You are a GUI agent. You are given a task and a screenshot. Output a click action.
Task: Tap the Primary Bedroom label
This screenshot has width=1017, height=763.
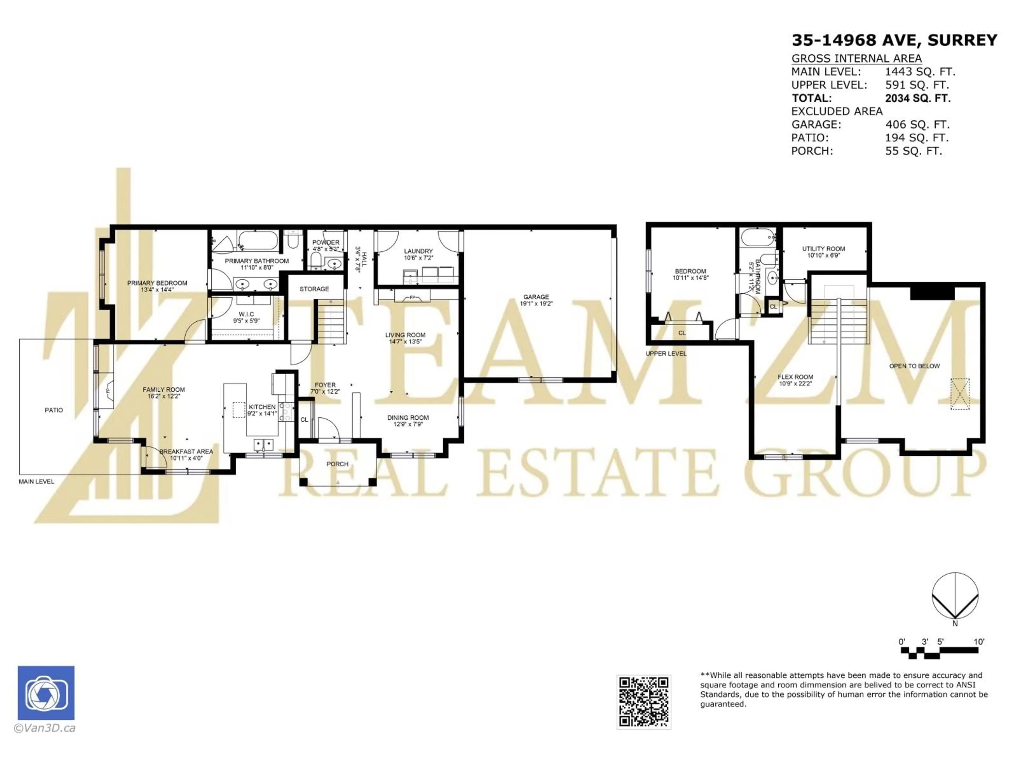tap(157, 283)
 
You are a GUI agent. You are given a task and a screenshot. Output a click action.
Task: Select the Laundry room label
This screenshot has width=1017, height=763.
tap(418, 251)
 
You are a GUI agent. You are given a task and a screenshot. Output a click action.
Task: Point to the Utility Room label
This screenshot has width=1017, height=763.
tap(823, 249)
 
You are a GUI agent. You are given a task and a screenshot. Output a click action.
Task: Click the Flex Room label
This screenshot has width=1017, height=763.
tap(795, 377)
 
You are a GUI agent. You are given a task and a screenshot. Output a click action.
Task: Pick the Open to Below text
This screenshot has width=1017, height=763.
tap(914, 366)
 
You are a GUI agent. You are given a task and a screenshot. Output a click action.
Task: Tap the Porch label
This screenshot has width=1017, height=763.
tap(337, 464)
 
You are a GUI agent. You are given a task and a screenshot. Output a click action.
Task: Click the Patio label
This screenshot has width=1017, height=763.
tap(54, 410)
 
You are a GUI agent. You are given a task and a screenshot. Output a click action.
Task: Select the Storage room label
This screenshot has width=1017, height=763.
tap(314, 289)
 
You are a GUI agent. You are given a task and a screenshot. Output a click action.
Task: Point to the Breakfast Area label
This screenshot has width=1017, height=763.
tap(186, 452)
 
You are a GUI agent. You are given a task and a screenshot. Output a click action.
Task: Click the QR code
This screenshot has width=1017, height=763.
tap(644, 702)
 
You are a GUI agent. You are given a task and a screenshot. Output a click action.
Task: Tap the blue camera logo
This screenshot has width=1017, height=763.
tap(46, 693)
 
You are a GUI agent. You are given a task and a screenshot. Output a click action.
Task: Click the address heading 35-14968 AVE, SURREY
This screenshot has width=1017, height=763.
tap(894, 41)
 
